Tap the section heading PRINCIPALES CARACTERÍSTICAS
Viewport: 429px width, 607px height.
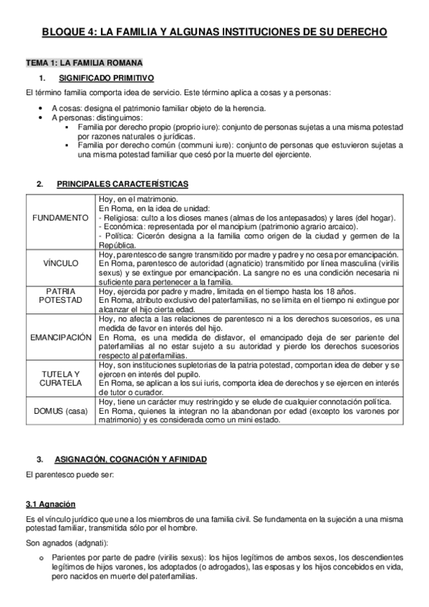pos(124,184)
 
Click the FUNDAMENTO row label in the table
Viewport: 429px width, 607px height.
pos(61,217)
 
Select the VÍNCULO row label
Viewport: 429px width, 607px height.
pos(61,263)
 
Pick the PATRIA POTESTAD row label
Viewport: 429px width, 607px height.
pos(61,296)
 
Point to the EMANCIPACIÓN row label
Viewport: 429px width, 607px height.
pos(61,336)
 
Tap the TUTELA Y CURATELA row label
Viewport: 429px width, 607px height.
pos(61,379)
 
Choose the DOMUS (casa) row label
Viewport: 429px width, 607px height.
pos(61,411)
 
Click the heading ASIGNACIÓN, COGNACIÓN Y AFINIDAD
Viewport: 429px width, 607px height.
pos(133,457)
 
